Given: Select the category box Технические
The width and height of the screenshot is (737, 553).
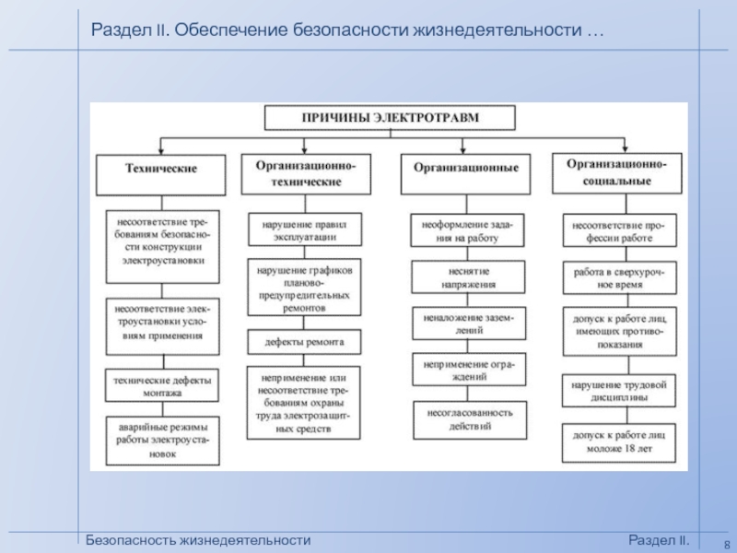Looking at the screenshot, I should tap(161, 171).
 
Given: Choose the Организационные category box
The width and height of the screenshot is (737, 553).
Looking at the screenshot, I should tap(465, 171).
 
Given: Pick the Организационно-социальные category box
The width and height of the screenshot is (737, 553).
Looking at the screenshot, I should tap(616, 171).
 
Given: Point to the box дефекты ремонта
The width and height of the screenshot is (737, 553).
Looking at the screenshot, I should tap(305, 341).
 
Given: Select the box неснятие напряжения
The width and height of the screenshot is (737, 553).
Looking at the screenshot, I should tap(469, 276).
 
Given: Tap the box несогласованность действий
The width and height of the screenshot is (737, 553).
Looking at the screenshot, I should tap(469, 419).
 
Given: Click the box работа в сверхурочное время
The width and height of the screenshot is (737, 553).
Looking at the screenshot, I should tap(618, 279).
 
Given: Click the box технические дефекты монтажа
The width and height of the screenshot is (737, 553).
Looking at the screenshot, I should tap(161, 386).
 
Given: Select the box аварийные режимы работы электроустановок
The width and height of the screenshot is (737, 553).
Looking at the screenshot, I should tap(161, 441).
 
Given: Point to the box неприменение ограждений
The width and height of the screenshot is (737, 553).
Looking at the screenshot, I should tap(469, 371).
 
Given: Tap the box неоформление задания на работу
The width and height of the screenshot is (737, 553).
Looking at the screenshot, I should tap(469, 230).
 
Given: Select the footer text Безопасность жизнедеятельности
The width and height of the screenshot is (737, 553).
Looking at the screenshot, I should tap(198, 540).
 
